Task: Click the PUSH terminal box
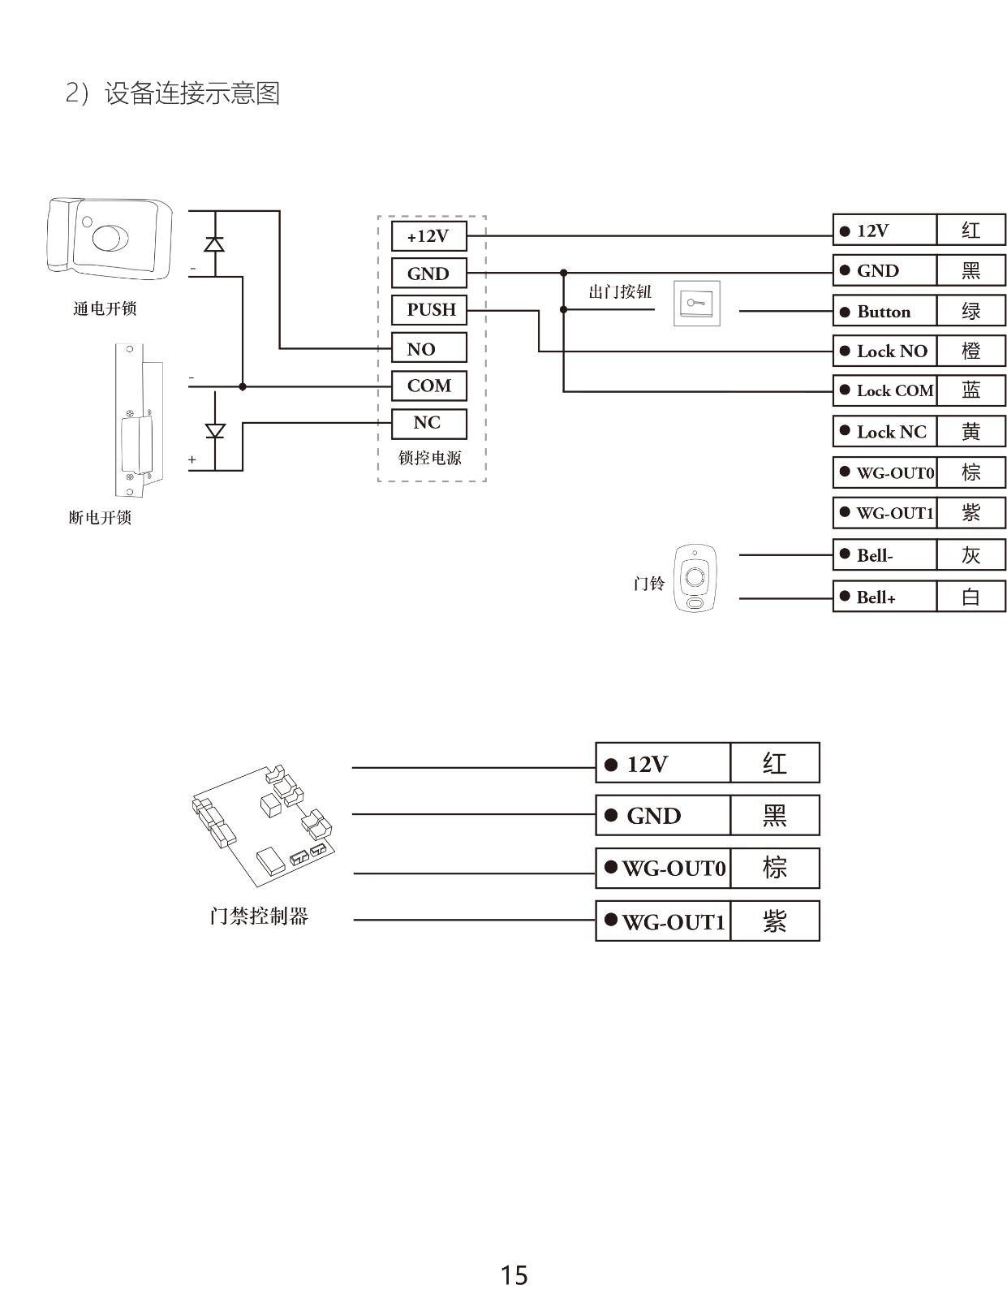pyautogui.click(x=429, y=310)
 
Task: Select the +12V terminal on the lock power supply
pyautogui.click(x=428, y=236)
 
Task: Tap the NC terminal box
pyautogui.click(x=428, y=423)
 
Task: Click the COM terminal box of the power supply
pyautogui.click(x=428, y=386)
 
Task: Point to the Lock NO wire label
pyautogui.click(x=885, y=351)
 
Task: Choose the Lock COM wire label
pyautogui.click(x=885, y=390)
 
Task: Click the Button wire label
pyautogui.click(x=885, y=312)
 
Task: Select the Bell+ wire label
pyautogui.click(x=885, y=597)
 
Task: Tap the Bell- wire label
pyautogui.click(x=885, y=556)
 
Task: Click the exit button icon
pyautogui.click(x=697, y=304)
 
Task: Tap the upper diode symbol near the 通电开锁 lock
pyautogui.click(x=214, y=244)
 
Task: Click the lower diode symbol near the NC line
pyautogui.click(x=215, y=430)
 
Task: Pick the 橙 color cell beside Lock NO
pyautogui.click(x=971, y=351)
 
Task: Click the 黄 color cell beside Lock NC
pyautogui.click(x=971, y=432)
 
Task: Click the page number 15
pyautogui.click(x=514, y=1275)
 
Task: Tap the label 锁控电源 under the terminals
pyautogui.click(x=429, y=458)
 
